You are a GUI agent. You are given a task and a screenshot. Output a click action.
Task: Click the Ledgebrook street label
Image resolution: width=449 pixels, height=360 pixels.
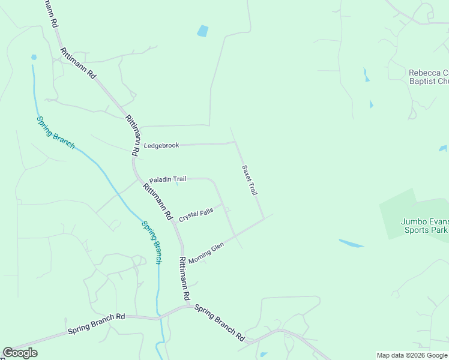coord(161,146)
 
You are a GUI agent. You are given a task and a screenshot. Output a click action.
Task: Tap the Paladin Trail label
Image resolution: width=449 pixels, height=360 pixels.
coord(167,179)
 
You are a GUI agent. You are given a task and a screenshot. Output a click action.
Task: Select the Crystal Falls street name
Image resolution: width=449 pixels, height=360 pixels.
coord(196,215)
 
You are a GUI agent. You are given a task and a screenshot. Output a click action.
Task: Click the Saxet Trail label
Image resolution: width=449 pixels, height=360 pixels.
coord(249,180)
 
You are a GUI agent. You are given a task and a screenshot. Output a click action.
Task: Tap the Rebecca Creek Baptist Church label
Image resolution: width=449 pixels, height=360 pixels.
coord(429,77)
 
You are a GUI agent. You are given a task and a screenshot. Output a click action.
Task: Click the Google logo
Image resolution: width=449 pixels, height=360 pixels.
coord(20,353)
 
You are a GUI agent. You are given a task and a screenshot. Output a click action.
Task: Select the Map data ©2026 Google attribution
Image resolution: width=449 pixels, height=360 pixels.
coord(412,355)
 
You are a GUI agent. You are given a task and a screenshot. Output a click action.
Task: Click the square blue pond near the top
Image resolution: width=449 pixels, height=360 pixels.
coord(203,31)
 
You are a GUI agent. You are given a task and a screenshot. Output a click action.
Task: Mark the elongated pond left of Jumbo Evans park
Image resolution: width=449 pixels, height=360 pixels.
coord(351,244)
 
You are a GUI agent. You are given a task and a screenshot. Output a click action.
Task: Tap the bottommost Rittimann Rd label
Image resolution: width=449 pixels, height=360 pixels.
coord(184,279)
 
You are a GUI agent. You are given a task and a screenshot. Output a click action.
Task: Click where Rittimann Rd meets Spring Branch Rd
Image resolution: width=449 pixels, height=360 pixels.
coord(188,305)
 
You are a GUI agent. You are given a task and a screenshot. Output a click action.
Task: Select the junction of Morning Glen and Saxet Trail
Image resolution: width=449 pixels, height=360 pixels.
coord(263,218)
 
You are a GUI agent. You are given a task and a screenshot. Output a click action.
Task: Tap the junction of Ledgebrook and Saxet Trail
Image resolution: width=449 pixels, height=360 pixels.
coord(234,143)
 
